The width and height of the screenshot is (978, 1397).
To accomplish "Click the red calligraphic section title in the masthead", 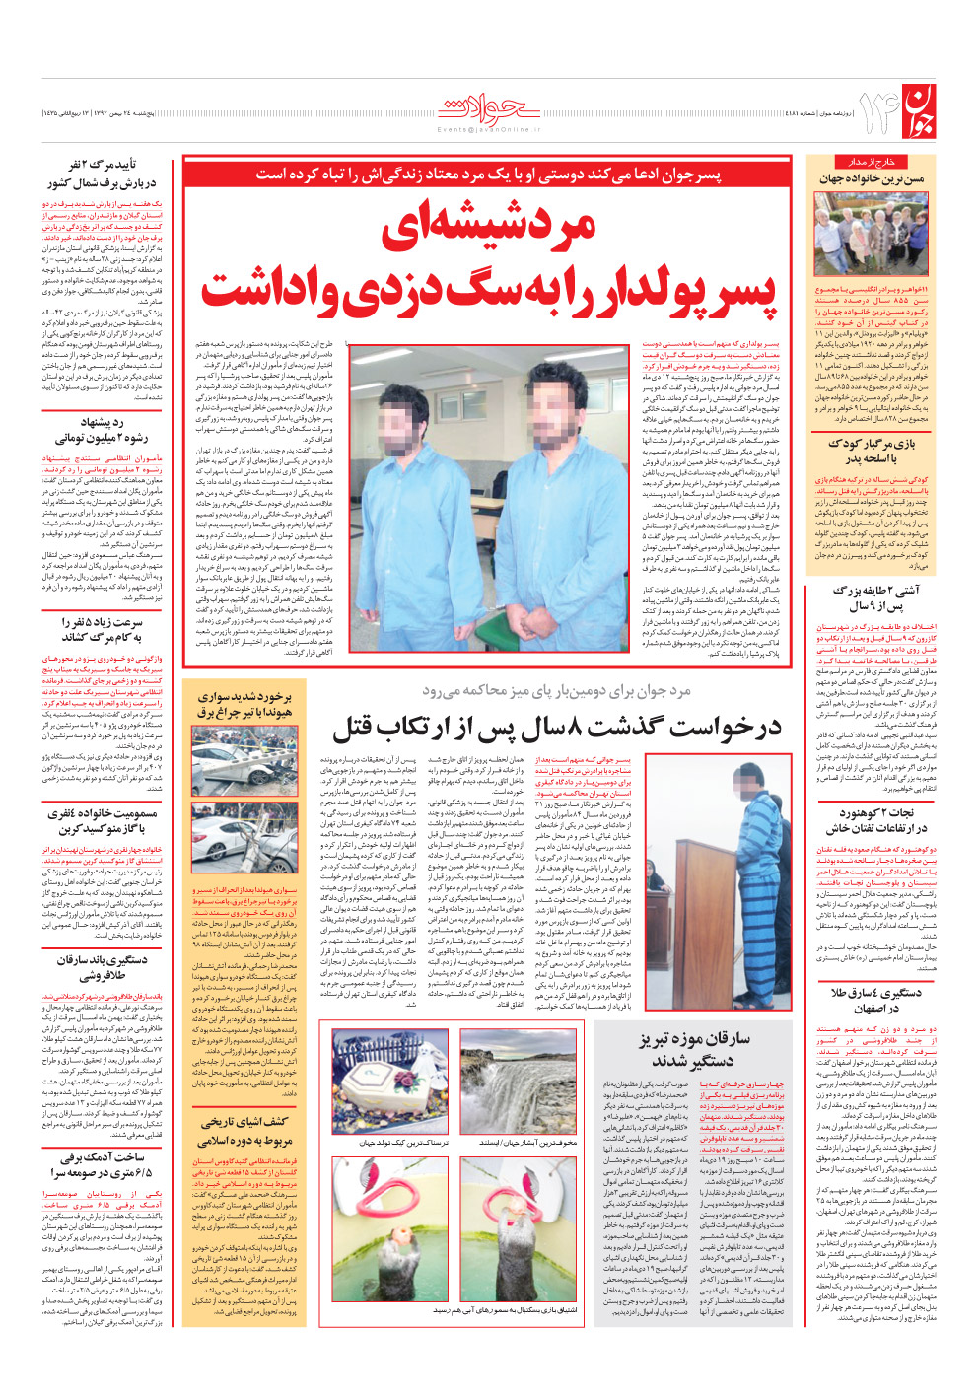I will click(488, 106).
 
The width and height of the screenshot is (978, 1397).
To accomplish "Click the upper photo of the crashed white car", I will click(244, 763).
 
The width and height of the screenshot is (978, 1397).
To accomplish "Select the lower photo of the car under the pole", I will click(244, 839).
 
